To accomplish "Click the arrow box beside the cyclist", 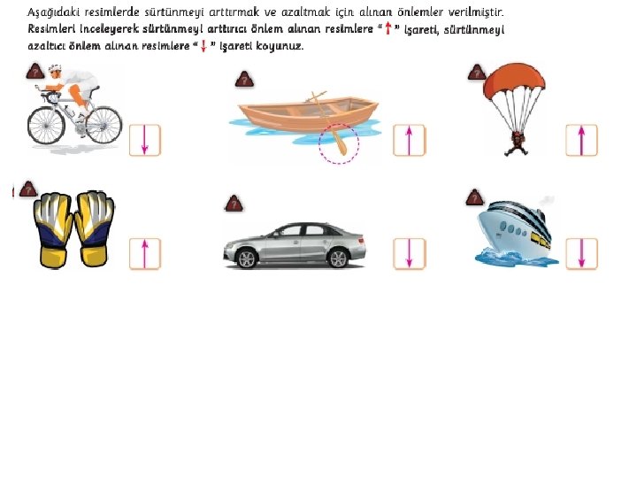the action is (x=145, y=140).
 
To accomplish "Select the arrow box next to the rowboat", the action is (x=410, y=140).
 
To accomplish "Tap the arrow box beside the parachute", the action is (x=582, y=140).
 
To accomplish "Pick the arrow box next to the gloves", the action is (x=145, y=254).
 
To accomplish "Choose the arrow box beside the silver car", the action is (x=410, y=254).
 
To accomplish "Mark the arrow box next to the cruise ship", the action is (x=582, y=254).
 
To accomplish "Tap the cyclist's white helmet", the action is (x=55, y=68).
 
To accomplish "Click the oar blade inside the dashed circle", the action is (x=342, y=147).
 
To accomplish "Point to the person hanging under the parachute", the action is (x=517, y=144).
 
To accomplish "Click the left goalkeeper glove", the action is (x=54, y=229).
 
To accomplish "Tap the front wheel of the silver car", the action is (x=247, y=258).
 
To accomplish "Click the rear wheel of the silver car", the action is (x=338, y=258).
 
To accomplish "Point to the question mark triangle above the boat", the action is (x=244, y=80).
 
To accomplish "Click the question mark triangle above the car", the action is (x=234, y=204).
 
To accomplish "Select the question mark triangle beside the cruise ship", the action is (x=475, y=197).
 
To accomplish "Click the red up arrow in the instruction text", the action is (x=388, y=28).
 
